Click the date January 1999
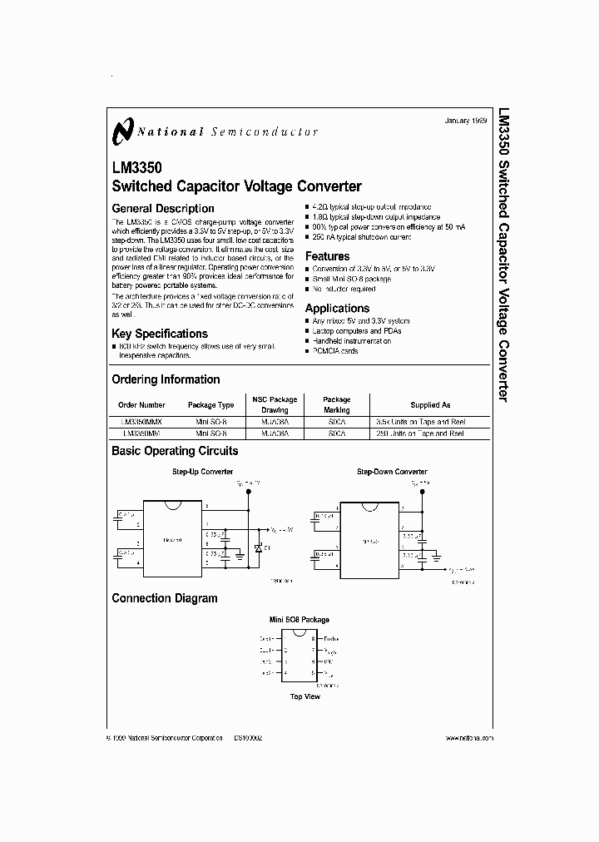465,121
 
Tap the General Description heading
162,208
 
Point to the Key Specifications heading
159,334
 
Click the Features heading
327,256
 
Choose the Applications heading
337,309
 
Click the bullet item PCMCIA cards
335,351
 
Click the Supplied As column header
430,405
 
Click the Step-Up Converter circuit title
202,472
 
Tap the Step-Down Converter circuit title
392,472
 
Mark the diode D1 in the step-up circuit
258,549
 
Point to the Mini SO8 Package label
299,620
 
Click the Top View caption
304,696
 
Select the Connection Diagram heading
164,598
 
